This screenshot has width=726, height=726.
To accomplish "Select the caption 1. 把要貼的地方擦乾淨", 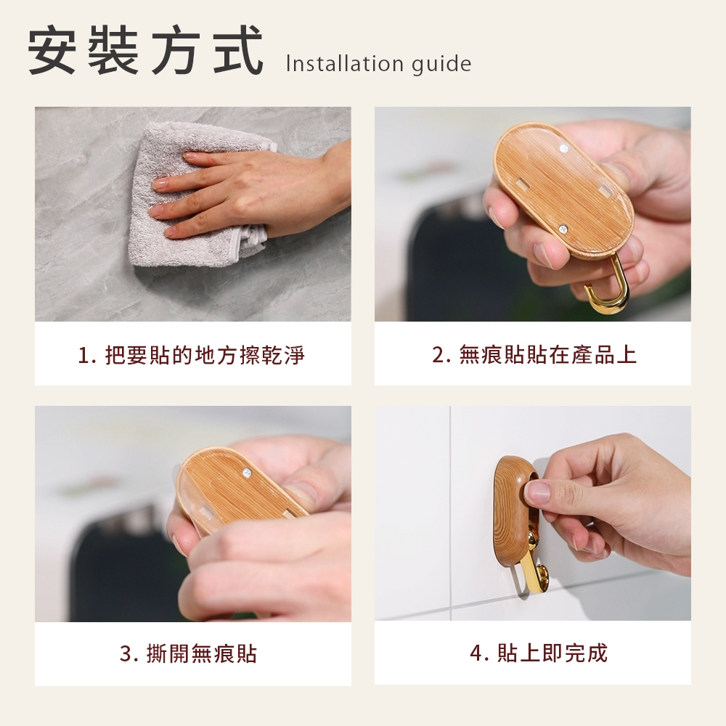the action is pos(192,356).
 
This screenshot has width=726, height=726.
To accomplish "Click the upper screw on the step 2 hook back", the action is pos(563,149).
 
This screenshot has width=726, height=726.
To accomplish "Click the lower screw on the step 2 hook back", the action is pos(563,228).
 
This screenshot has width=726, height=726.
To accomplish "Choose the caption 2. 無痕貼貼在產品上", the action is pos(534,355).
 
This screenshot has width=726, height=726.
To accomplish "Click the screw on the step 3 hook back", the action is pos(248,473).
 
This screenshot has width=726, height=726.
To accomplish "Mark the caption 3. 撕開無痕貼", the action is pos(188,653).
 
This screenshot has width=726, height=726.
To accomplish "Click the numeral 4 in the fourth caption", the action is pos(477,653).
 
